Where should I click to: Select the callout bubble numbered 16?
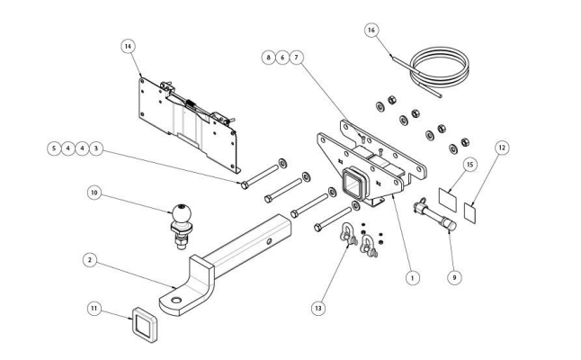(370, 30)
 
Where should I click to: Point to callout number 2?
(88, 260)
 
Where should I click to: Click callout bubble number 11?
(93, 308)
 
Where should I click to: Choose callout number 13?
(317, 308)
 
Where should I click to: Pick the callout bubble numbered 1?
(411, 278)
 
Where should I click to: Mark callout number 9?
(454, 278)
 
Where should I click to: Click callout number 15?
(469, 164)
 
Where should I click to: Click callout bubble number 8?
(267, 56)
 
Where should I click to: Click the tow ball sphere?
(183, 213)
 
